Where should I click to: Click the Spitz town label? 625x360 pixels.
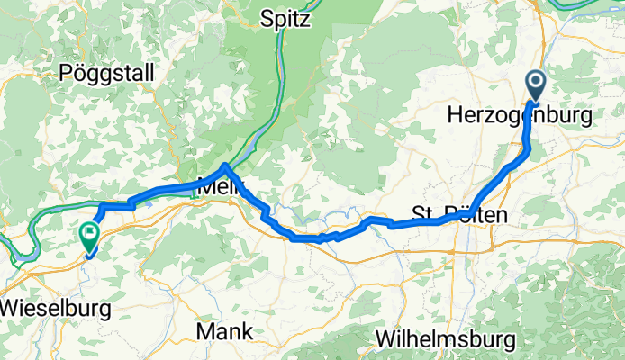pos(285,17)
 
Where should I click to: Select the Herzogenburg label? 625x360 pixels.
pos(519,116)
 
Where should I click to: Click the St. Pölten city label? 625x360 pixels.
pos(459,215)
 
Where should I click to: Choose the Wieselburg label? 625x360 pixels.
pos(56,308)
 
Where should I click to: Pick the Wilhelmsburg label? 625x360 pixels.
pos(445,339)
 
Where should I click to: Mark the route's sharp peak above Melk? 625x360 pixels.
pos(225,166)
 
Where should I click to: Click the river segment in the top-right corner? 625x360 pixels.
pos(594,11)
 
